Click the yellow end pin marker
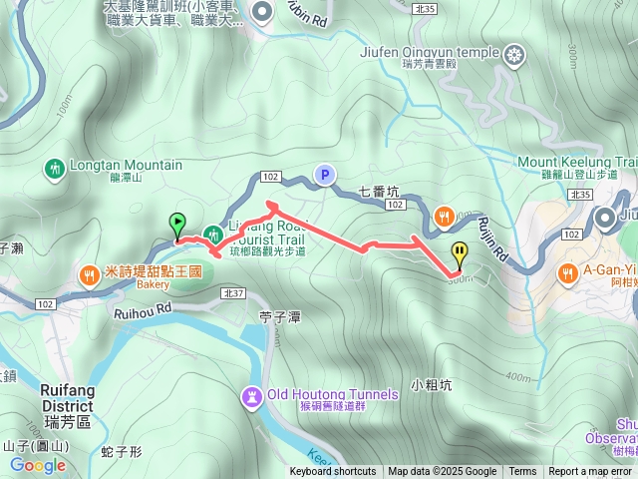[x=459, y=253]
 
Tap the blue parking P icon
[x=324, y=175]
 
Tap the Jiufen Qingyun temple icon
[x=514, y=52]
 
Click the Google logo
[x=38, y=465]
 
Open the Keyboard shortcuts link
[x=333, y=472]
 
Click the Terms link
[x=522, y=472]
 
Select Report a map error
[x=591, y=472]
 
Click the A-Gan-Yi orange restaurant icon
[x=568, y=271]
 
